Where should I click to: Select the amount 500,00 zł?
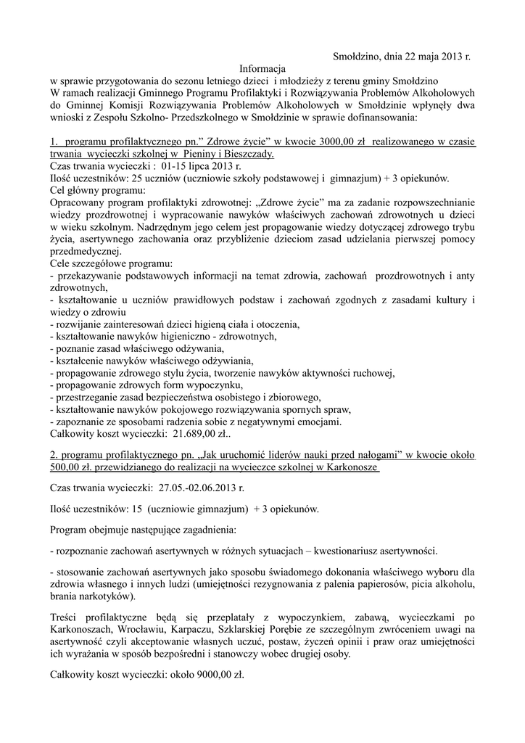[72, 468]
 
